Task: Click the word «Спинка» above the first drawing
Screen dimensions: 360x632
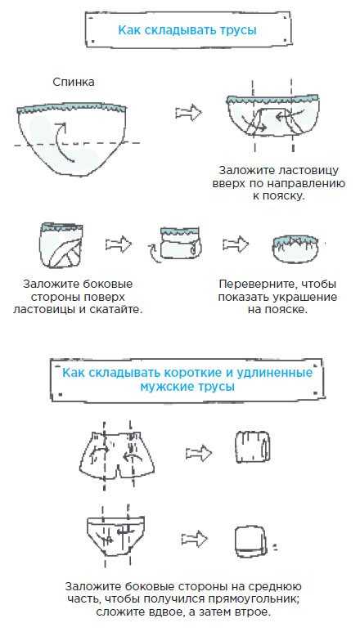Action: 74,82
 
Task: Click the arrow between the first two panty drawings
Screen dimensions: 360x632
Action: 188,113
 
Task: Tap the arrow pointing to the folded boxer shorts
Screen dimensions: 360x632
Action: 199,454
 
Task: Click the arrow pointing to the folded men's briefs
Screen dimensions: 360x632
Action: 194,539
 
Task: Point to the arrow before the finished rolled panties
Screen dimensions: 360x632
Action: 236,244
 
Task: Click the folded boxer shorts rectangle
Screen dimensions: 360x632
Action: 252,447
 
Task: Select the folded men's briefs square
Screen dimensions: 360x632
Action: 250,540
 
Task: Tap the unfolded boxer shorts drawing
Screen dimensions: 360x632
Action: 117,453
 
